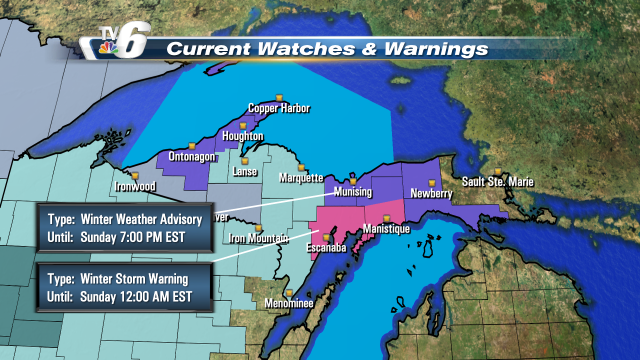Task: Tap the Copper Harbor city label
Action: (x=279, y=108)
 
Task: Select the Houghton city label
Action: (x=243, y=136)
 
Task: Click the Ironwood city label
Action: (x=134, y=185)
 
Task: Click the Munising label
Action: (x=351, y=191)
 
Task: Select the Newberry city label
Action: (x=431, y=192)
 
